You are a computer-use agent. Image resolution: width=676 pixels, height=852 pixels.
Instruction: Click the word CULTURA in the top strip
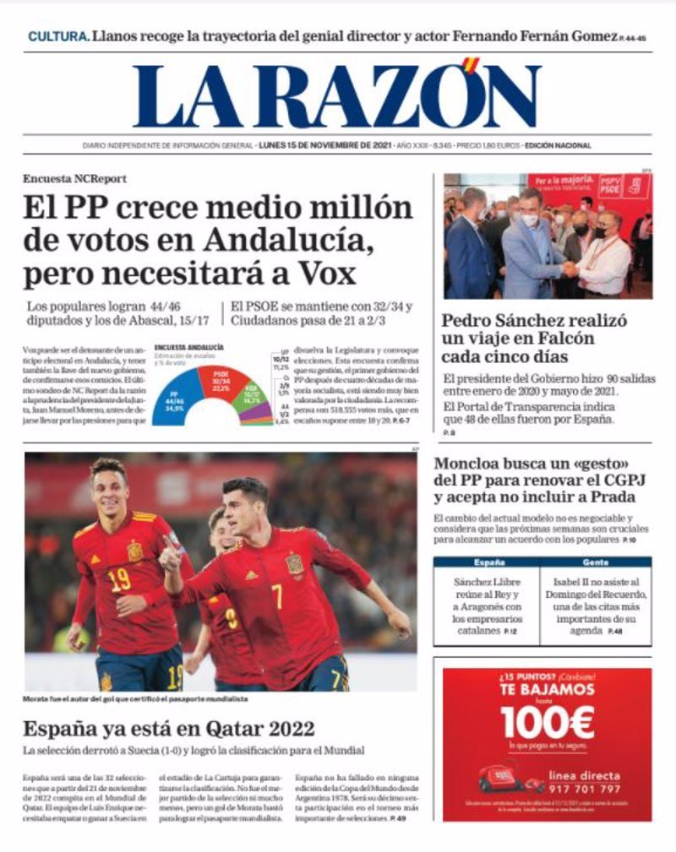tap(57, 36)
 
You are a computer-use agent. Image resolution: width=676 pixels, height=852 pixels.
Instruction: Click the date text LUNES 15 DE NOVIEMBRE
tap(313, 145)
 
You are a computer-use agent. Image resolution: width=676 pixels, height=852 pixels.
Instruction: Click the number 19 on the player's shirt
tap(119, 579)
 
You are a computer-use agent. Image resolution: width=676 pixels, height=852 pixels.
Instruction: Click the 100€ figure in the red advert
tap(547, 722)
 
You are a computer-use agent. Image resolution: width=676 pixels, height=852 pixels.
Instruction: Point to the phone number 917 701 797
tap(585, 790)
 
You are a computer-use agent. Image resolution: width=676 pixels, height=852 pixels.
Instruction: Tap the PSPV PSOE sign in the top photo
tap(610, 185)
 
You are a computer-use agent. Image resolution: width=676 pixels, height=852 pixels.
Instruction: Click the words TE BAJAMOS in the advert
tap(547, 690)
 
